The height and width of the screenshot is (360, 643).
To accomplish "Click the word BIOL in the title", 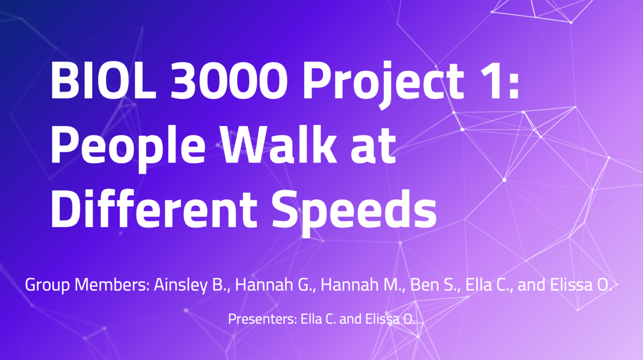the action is click(x=103, y=81).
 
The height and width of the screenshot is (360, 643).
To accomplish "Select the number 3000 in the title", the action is click(x=229, y=81).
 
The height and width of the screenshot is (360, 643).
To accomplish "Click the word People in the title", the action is click(x=128, y=148).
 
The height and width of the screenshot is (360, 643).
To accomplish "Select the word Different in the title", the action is click(x=154, y=208).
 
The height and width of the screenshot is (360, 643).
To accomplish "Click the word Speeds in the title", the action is click(x=355, y=213).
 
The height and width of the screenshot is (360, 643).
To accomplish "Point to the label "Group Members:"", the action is click(x=87, y=285).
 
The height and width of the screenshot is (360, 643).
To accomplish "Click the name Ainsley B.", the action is click(x=192, y=285).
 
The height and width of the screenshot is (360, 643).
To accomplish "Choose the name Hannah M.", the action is click(x=363, y=285).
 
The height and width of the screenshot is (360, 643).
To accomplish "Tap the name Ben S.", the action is click(x=435, y=285).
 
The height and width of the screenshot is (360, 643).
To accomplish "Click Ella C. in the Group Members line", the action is click(x=489, y=285).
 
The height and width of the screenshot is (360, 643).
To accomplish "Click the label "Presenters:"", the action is click(x=262, y=319).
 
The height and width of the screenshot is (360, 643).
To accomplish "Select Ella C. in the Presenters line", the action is click(x=318, y=319).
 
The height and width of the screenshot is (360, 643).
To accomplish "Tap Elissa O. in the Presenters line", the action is click(x=390, y=319).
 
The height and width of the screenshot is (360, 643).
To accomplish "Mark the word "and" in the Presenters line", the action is click(x=350, y=319).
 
